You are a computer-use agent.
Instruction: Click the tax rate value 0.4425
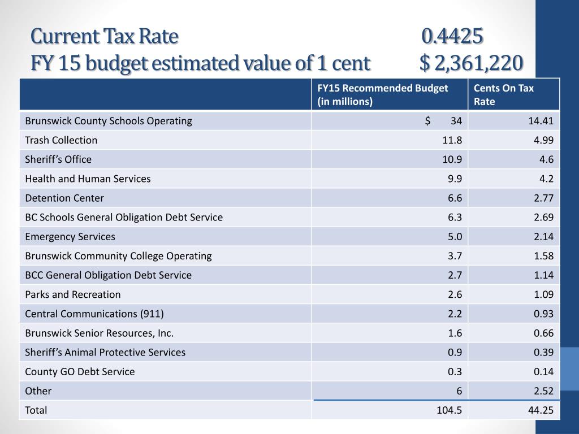point(452,37)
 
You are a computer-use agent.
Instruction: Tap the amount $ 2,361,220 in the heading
point(471,63)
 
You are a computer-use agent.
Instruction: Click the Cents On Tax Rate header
point(503,94)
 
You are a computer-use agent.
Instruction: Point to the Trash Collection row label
point(61,140)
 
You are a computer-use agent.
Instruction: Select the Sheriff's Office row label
point(58,159)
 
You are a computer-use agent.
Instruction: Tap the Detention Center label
point(64,198)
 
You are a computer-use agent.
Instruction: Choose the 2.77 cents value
point(543,198)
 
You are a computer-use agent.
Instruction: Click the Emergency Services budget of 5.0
point(455,237)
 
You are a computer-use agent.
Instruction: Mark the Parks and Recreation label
point(73,294)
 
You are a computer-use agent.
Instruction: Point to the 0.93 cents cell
point(543,314)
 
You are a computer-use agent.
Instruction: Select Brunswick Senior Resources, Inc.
point(100,333)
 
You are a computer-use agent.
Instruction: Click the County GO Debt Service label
point(80,371)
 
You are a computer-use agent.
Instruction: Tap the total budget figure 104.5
point(449,410)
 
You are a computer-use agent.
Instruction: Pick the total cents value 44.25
point(541,410)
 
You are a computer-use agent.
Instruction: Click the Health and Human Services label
point(88,179)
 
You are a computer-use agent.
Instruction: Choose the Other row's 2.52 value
point(543,391)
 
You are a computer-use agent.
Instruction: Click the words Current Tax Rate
point(105,37)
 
